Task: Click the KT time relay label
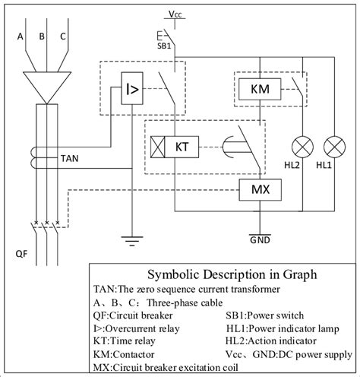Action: click(x=182, y=144)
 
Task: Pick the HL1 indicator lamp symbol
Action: click(x=332, y=144)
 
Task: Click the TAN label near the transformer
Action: click(x=68, y=159)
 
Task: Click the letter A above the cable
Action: click(x=21, y=35)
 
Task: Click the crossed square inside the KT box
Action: click(x=160, y=144)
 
